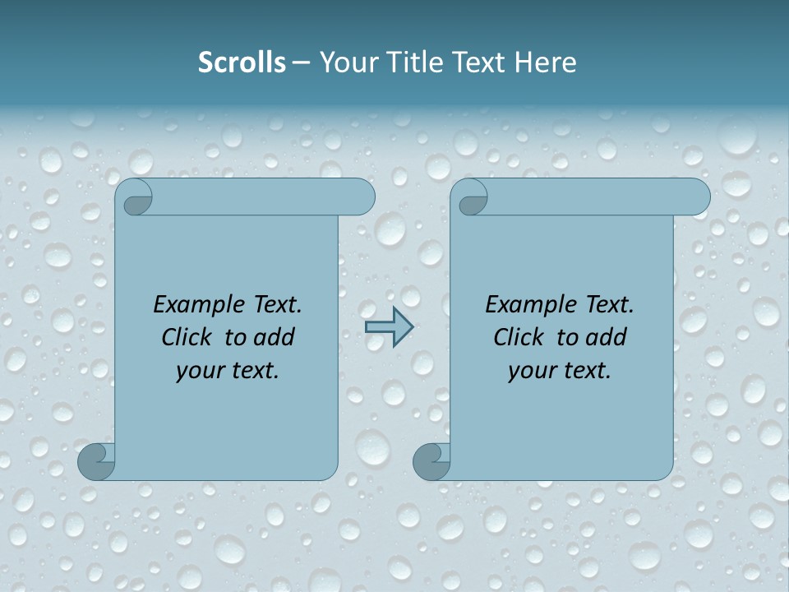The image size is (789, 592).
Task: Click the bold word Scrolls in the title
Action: (x=242, y=62)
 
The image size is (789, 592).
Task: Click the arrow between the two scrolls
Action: (x=389, y=327)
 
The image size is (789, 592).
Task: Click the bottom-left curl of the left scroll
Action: (x=97, y=461)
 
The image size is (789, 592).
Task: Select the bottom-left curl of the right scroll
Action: (x=431, y=461)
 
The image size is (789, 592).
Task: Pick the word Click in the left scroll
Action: (x=188, y=337)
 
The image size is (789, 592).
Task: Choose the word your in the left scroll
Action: (x=200, y=371)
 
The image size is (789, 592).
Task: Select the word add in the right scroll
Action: (x=607, y=337)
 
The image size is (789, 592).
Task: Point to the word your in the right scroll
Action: (x=532, y=371)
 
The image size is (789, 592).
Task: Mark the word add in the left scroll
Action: (x=275, y=337)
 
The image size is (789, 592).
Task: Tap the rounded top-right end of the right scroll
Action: (x=695, y=197)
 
